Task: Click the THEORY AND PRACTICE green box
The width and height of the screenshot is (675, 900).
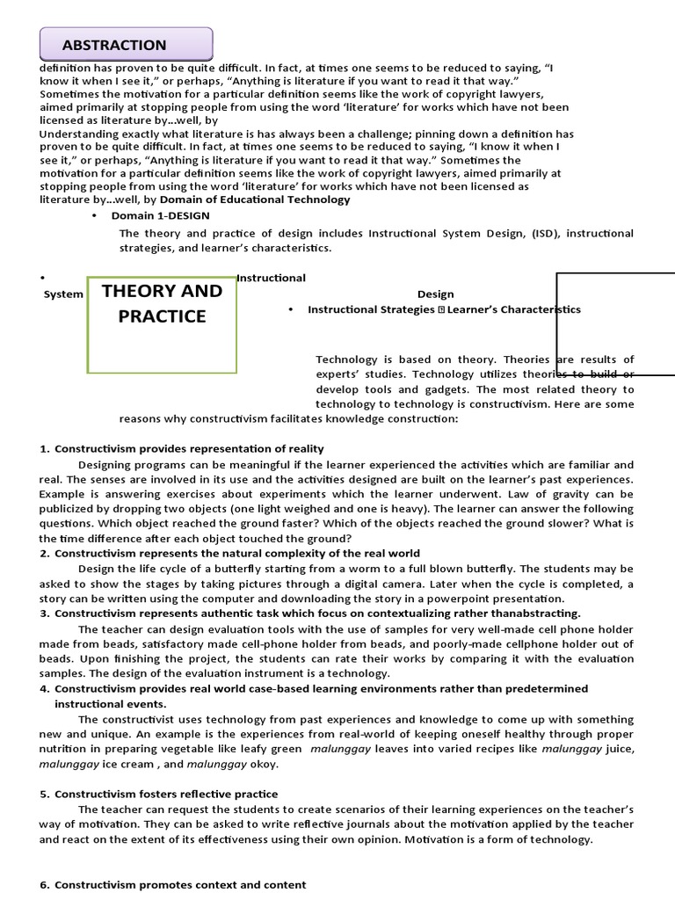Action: [x=162, y=323]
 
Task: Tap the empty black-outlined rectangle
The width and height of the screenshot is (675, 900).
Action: [x=615, y=323]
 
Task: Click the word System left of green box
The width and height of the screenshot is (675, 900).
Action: [x=63, y=294]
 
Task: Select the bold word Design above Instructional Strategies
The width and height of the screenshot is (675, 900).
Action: [x=436, y=294]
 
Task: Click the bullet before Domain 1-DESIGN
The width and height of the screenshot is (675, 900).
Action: [x=94, y=215]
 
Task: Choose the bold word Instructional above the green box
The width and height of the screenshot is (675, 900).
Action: [x=272, y=278]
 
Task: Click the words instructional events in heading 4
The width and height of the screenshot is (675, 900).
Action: [x=110, y=704]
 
